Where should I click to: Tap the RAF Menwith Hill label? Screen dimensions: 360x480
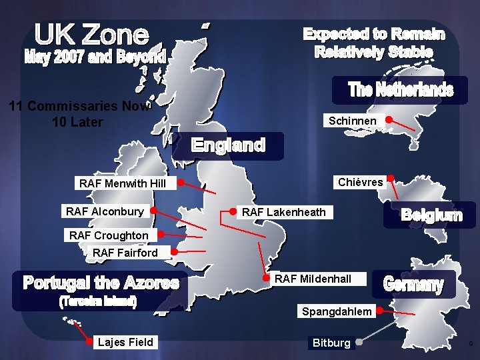[x=123, y=183]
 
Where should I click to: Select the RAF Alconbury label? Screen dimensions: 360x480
[x=105, y=211]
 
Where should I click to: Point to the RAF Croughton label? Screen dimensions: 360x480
[x=109, y=235]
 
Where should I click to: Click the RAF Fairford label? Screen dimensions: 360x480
[x=125, y=253]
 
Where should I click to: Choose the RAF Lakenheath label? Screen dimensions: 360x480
[x=284, y=212]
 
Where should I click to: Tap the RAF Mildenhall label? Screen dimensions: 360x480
[x=313, y=279]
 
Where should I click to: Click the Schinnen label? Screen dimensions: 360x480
[x=353, y=121]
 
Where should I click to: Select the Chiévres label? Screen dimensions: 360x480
[x=361, y=182]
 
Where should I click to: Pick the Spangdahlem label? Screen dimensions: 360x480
[x=337, y=311]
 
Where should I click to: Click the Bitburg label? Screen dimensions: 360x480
[x=331, y=343]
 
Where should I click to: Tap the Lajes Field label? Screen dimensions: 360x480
[x=125, y=343]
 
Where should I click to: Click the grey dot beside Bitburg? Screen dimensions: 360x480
[x=358, y=343]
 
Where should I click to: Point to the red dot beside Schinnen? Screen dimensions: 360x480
[x=389, y=121]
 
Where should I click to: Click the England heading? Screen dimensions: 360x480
[x=229, y=145]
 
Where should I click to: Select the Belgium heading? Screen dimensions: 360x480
[x=431, y=215]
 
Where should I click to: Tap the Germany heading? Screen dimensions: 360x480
[x=413, y=285]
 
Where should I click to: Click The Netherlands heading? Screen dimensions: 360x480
[x=401, y=90]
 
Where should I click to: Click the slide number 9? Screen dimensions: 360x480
[x=470, y=344]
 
